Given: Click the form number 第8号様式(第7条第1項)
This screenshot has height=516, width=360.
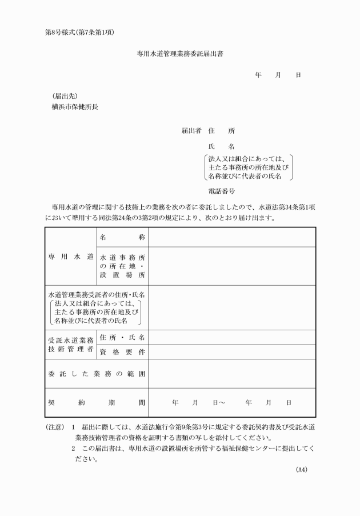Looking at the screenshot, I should (x=81, y=32).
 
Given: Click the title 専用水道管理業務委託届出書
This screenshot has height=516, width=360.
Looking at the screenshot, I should (x=180, y=55).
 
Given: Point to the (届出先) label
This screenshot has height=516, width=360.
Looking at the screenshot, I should (x=65, y=96).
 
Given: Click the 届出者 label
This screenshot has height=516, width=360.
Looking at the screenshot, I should (x=191, y=130).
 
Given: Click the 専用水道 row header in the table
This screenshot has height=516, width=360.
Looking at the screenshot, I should (x=70, y=257).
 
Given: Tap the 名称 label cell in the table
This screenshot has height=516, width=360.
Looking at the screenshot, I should (x=122, y=237).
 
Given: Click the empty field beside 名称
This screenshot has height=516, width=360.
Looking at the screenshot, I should (x=231, y=237).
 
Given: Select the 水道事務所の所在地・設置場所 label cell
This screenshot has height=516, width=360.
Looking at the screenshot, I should (x=122, y=266).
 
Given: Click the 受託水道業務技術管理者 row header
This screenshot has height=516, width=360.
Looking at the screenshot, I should (x=70, y=344).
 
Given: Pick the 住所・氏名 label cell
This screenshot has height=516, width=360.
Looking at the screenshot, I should (x=122, y=337).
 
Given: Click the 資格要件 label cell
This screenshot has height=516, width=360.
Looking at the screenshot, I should (x=122, y=352).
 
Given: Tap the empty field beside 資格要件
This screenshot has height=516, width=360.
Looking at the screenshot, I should (x=231, y=352).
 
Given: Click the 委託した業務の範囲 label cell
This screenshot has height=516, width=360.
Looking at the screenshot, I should (x=97, y=374).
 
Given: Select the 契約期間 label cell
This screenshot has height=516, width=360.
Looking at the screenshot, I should (x=97, y=402).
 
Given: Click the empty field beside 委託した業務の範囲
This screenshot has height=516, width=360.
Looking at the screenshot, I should (x=231, y=374).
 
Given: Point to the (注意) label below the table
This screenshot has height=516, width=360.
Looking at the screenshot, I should (x=55, y=427).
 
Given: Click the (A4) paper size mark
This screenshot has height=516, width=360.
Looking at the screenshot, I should (x=302, y=470).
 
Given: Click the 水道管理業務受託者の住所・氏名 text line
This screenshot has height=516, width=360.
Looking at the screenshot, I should (x=97, y=294).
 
